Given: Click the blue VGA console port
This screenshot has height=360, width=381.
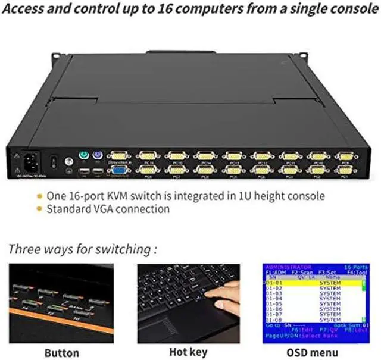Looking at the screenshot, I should click(x=119, y=170).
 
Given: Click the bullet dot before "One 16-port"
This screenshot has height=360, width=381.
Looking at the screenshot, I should click(x=39, y=196).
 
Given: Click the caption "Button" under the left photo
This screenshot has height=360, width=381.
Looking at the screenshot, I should click(x=61, y=353).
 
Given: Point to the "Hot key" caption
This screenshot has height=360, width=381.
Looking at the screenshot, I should click(x=189, y=353).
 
